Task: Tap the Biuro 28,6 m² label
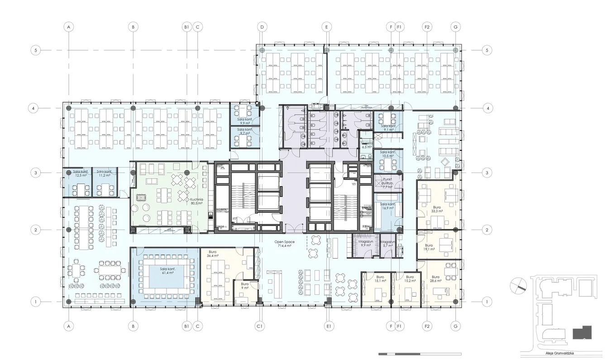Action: [x=435, y=279]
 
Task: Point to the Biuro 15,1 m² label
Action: [x=380, y=279]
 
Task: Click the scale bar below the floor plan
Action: [x=420, y=354]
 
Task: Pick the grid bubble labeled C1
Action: [x=260, y=326]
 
